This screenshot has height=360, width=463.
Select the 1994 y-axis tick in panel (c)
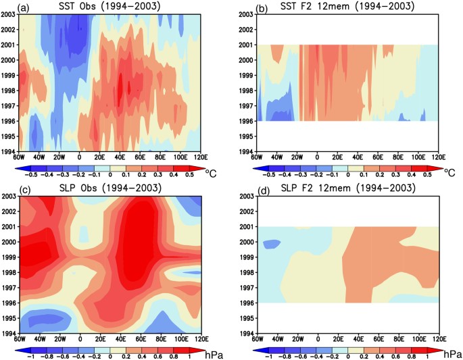9,333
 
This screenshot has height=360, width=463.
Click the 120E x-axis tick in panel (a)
200,158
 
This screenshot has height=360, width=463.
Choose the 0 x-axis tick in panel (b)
318,158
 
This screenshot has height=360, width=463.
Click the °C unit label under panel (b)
449,173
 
